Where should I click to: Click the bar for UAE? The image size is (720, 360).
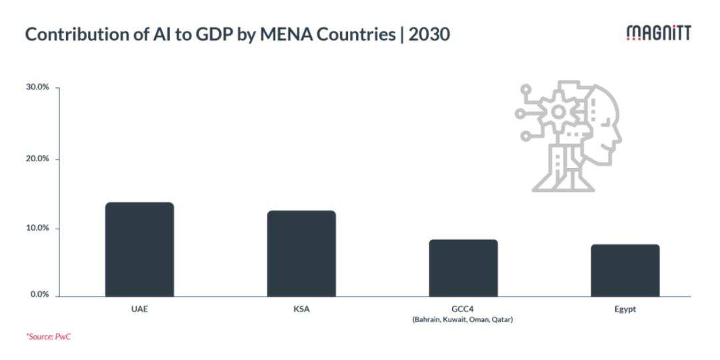(139, 249)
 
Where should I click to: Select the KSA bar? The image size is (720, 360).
(301, 253)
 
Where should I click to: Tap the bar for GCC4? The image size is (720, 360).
(463, 267)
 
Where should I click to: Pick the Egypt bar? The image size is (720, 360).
(625, 270)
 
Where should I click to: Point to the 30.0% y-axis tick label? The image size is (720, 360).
(39, 88)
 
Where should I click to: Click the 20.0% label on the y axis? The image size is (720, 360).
(39, 159)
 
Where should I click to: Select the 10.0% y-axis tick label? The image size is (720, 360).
(39, 228)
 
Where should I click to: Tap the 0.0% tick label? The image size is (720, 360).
(41, 295)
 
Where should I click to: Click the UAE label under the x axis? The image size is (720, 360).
(139, 309)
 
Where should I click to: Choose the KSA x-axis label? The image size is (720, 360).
(301, 309)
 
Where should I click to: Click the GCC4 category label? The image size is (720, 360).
(463, 309)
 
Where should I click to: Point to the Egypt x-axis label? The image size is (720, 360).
(625, 309)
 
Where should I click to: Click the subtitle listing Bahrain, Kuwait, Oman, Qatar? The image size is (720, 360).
(463, 319)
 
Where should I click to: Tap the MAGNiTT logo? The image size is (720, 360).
(659, 34)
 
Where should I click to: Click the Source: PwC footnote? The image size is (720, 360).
(49, 337)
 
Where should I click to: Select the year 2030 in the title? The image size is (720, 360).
(429, 34)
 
